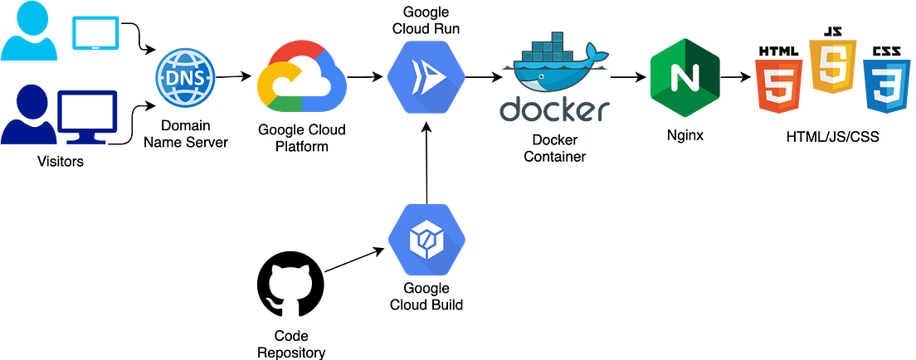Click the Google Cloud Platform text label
click(302, 139)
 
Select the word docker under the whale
click(553, 109)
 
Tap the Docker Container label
click(554, 148)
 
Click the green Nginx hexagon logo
click(685, 78)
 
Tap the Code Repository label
click(291, 343)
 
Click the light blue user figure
click(32, 32)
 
